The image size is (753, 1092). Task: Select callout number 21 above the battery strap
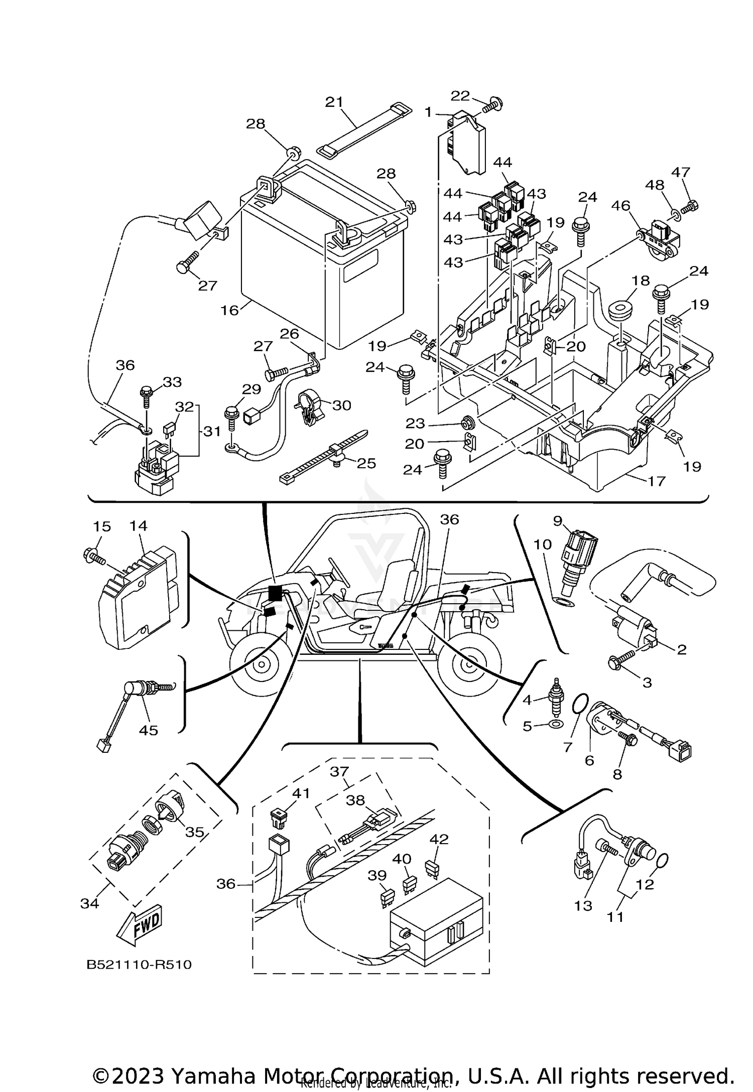pos(334,102)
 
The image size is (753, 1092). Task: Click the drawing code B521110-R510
pos(139,965)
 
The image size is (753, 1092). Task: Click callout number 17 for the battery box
pos(657,481)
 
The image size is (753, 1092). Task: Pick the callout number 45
pos(148,730)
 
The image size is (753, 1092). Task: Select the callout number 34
pos(90,903)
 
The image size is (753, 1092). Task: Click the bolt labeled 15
pos(94,556)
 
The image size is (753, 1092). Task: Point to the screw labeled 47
pos(691,205)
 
